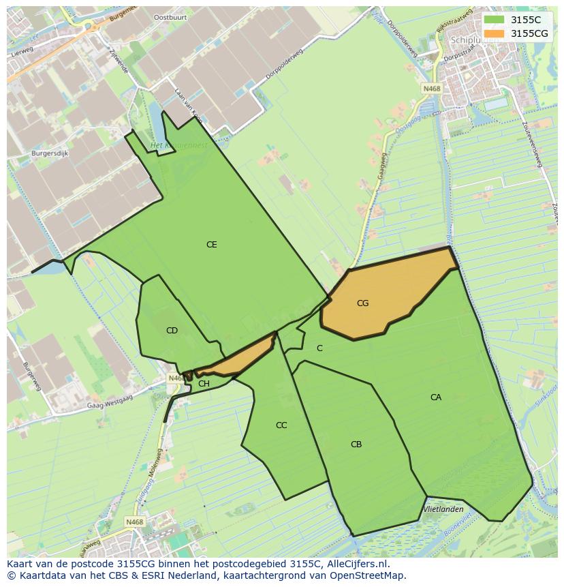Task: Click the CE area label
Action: coord(212,244)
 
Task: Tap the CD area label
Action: coord(172,331)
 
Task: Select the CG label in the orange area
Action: coord(362,303)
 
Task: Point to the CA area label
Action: coord(436,397)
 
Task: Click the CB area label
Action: coord(356,445)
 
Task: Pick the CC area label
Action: coord(281,425)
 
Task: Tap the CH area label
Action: coord(204,384)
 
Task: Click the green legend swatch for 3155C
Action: coord(494,20)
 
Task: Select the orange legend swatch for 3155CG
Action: coord(494,33)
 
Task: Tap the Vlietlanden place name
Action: coord(443,509)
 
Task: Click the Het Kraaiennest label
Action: coord(178,145)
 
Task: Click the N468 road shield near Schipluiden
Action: coord(430,88)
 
